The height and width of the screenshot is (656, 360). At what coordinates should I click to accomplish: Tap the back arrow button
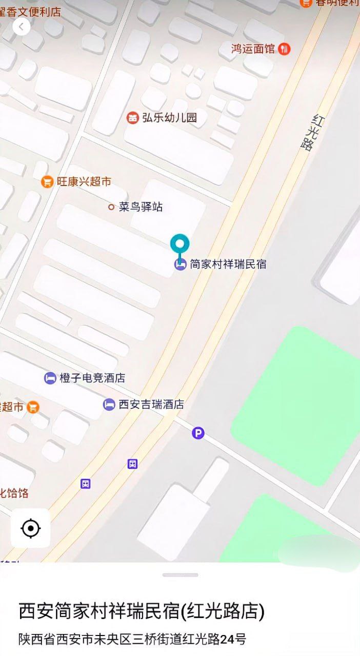(21, 27)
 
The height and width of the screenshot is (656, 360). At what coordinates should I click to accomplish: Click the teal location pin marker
(179, 245)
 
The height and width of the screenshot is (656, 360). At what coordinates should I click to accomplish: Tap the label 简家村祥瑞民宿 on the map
(228, 264)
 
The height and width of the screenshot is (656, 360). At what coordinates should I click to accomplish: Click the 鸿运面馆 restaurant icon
(285, 49)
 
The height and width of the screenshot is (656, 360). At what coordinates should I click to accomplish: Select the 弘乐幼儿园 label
(170, 117)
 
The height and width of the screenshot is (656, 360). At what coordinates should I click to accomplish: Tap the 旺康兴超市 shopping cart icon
(47, 181)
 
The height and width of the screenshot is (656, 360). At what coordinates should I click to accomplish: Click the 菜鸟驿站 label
(141, 207)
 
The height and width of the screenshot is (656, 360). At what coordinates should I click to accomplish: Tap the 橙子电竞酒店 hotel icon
(50, 378)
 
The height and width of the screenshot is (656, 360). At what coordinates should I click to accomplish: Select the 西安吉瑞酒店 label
(151, 404)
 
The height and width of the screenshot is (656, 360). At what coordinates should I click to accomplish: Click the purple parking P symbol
(198, 434)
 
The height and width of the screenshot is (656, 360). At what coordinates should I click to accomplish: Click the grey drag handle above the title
(180, 575)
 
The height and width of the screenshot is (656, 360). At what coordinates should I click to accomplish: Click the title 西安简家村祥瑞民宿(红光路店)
(142, 611)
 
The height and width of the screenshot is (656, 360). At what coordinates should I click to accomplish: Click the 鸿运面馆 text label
(253, 49)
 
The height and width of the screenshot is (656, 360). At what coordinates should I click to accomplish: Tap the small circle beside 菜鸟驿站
(111, 207)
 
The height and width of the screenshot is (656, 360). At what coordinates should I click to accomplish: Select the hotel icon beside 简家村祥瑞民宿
(180, 264)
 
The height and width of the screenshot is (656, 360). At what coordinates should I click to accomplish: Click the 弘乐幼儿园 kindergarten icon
(133, 118)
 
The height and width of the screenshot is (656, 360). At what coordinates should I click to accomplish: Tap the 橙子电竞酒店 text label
(92, 378)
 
